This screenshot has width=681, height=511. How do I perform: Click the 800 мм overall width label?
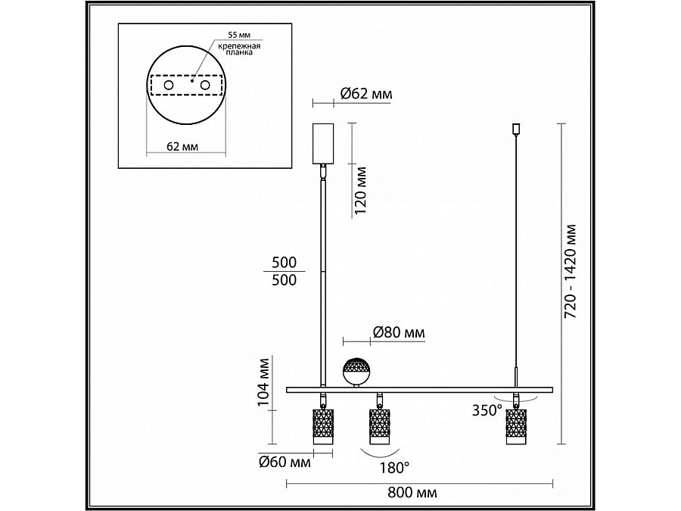[412, 493]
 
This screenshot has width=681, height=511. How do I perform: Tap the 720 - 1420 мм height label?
[571, 272]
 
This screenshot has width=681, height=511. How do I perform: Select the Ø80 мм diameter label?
[399, 332]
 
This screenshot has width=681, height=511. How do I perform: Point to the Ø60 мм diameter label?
[285, 462]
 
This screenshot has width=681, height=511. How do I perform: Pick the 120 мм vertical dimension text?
[360, 191]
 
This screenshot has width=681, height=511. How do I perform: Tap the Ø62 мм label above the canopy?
[366, 93]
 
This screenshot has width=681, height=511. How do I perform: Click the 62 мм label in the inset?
[182, 146]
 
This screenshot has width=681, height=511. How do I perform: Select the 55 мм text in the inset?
[239, 35]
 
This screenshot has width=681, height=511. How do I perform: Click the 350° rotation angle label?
[487, 410]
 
